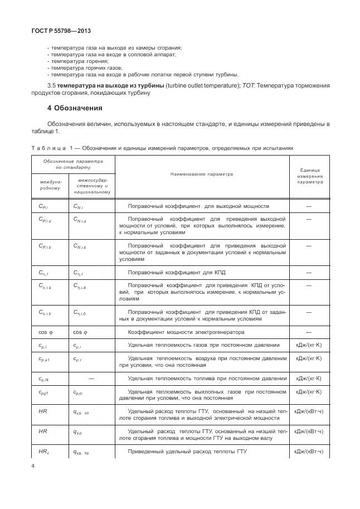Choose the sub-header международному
(x=51, y=185)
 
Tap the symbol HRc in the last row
(x=44, y=451)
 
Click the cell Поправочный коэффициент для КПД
(x=176, y=272)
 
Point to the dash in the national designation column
(x=92, y=379)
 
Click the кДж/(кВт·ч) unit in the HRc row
(x=309, y=451)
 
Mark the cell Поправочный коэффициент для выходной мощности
(x=198, y=206)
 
